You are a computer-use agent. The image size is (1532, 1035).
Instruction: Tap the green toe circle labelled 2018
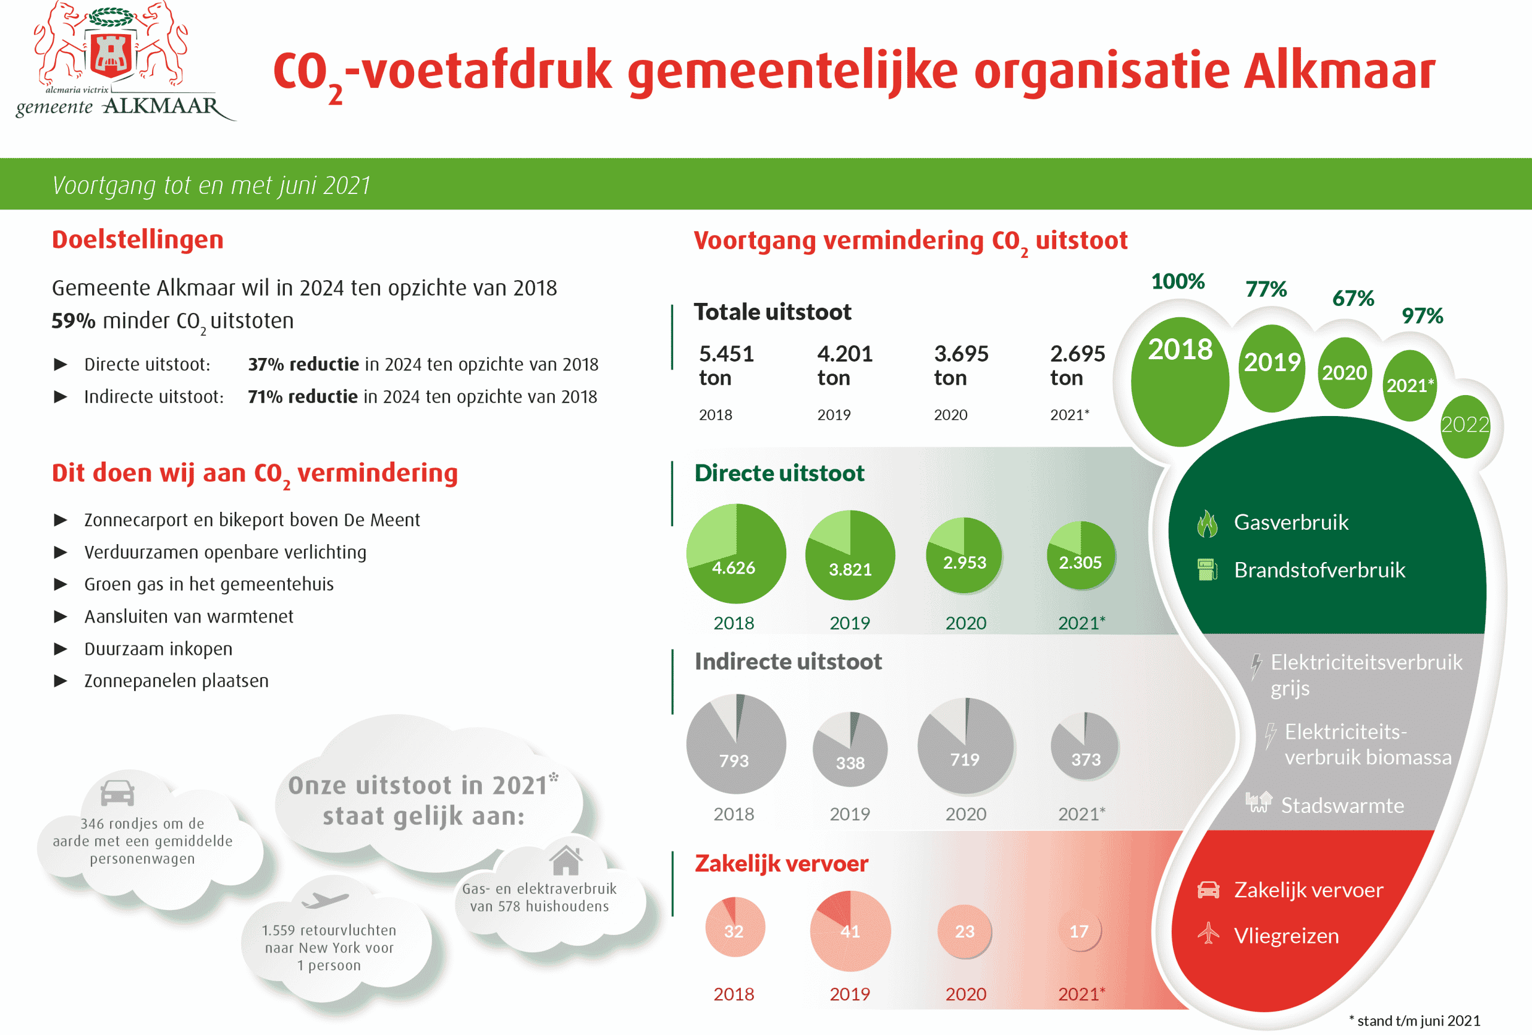coord(1180,381)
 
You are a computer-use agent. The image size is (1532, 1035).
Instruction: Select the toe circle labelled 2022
coord(1465,425)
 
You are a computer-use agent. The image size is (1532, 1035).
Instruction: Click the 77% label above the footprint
coord(1266,289)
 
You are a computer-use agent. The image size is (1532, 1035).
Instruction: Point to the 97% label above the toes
coord(1422,316)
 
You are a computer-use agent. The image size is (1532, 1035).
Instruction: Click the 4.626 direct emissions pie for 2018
coord(735,554)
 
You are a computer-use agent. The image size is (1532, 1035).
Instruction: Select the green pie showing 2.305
coord(1081,556)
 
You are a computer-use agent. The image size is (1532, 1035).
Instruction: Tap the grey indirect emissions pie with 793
coord(735,743)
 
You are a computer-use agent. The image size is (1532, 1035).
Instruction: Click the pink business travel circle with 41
coord(850,931)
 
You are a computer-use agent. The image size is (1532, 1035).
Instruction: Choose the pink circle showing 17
coord(1079,931)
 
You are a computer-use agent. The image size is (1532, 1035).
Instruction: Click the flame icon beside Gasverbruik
coord(1207,523)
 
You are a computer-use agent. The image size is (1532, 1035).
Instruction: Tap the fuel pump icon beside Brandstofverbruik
coord(1207,570)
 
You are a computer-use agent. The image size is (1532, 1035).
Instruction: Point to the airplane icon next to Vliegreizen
coord(1208,933)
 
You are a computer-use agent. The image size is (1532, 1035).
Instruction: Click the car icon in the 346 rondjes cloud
coord(117,793)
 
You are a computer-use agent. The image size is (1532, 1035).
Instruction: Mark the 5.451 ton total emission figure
coord(726,365)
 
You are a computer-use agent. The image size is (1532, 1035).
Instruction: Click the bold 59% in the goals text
coord(73,321)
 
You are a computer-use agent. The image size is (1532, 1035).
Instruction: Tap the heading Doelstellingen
coord(138,239)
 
